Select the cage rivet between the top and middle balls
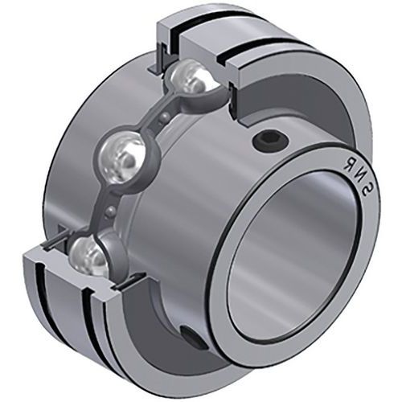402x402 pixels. click(x=162, y=119)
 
